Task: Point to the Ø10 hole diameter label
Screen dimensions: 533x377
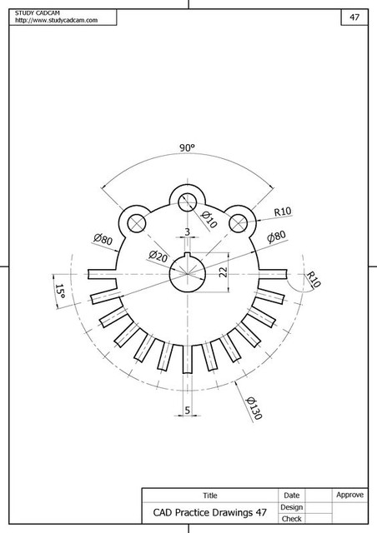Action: click(208, 221)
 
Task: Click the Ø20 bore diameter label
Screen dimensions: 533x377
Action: click(158, 254)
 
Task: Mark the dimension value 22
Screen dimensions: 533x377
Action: click(223, 272)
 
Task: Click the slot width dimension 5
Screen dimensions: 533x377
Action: click(187, 410)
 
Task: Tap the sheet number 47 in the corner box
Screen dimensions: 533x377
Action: click(354, 17)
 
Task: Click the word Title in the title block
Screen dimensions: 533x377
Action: click(209, 496)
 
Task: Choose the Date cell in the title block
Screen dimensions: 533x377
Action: click(292, 496)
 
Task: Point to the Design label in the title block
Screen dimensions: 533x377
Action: click(292, 506)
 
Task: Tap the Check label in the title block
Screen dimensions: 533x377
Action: click(292, 518)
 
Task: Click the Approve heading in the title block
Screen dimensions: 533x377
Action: click(349, 495)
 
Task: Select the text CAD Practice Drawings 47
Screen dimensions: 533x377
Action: click(209, 512)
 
